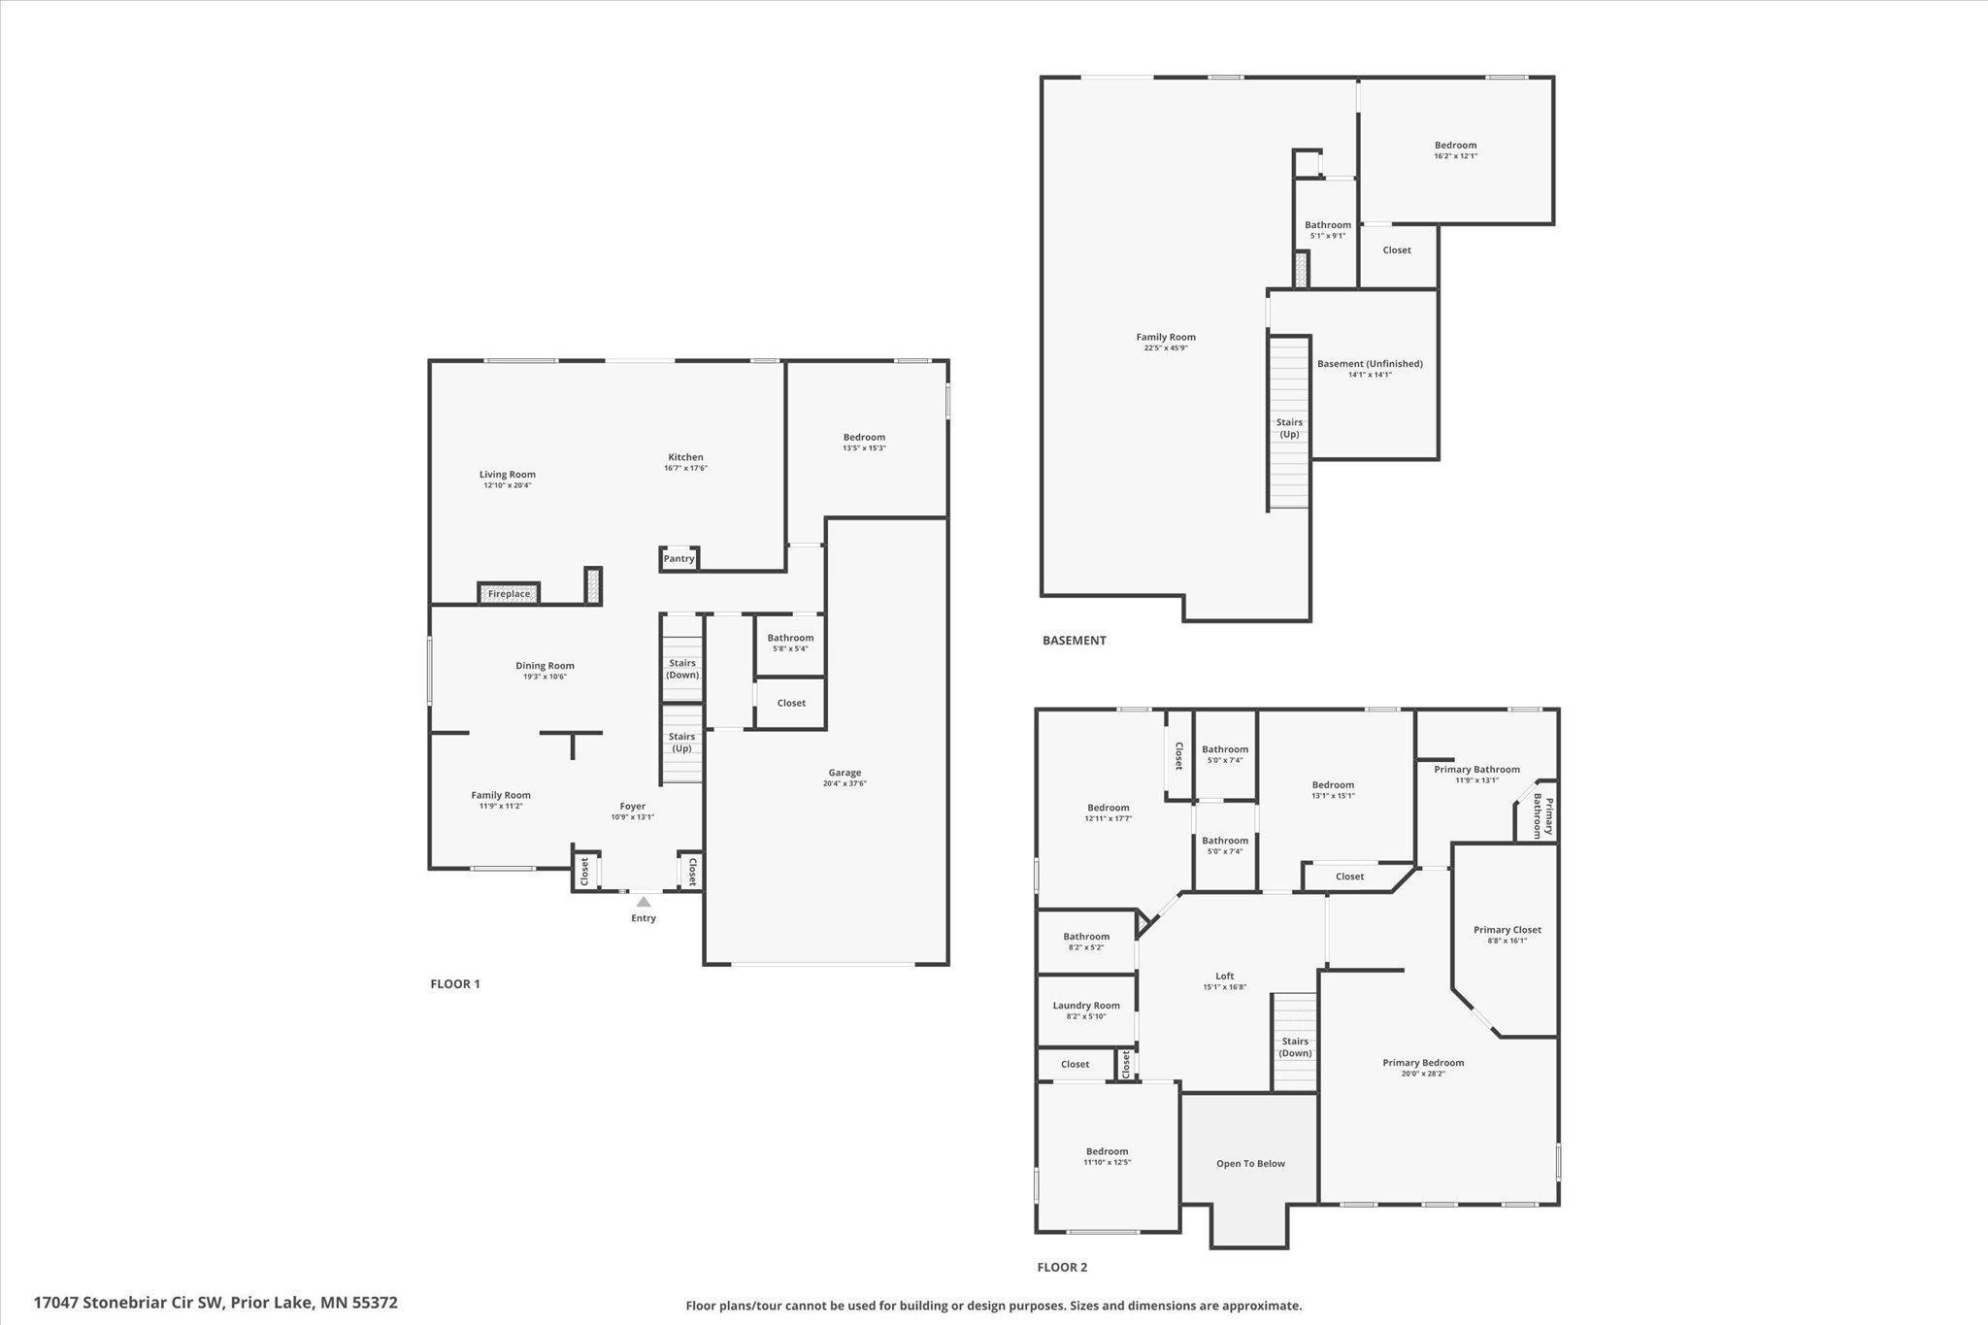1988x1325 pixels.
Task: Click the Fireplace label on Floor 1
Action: pos(509,594)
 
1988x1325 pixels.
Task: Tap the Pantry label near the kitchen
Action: pos(679,559)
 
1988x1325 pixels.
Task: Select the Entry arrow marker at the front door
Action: pos(644,902)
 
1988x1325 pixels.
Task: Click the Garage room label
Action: pos(845,773)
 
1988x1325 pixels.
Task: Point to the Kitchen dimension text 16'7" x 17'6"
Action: pos(685,469)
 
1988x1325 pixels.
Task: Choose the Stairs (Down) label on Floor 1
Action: pos(682,669)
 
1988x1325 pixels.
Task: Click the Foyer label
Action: pos(633,807)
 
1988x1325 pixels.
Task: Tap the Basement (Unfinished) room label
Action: pos(1370,364)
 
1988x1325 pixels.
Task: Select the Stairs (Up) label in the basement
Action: pos(1289,428)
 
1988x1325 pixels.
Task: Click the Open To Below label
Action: pos(1250,1164)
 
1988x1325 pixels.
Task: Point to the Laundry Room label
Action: pos(1086,1006)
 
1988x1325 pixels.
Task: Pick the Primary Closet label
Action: pos(1507,930)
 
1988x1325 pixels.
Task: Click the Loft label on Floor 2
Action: pos(1225,977)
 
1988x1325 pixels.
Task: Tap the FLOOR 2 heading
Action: pos(1062,1267)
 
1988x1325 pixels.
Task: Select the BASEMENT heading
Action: pos(1074,641)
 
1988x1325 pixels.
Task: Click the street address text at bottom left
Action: pos(215,1303)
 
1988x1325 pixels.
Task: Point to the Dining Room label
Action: pos(545,666)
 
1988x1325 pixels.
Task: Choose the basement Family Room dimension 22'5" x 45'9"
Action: pos(1166,348)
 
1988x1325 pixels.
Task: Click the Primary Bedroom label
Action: pos(1423,1063)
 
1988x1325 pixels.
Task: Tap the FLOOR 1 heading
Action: pos(455,984)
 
